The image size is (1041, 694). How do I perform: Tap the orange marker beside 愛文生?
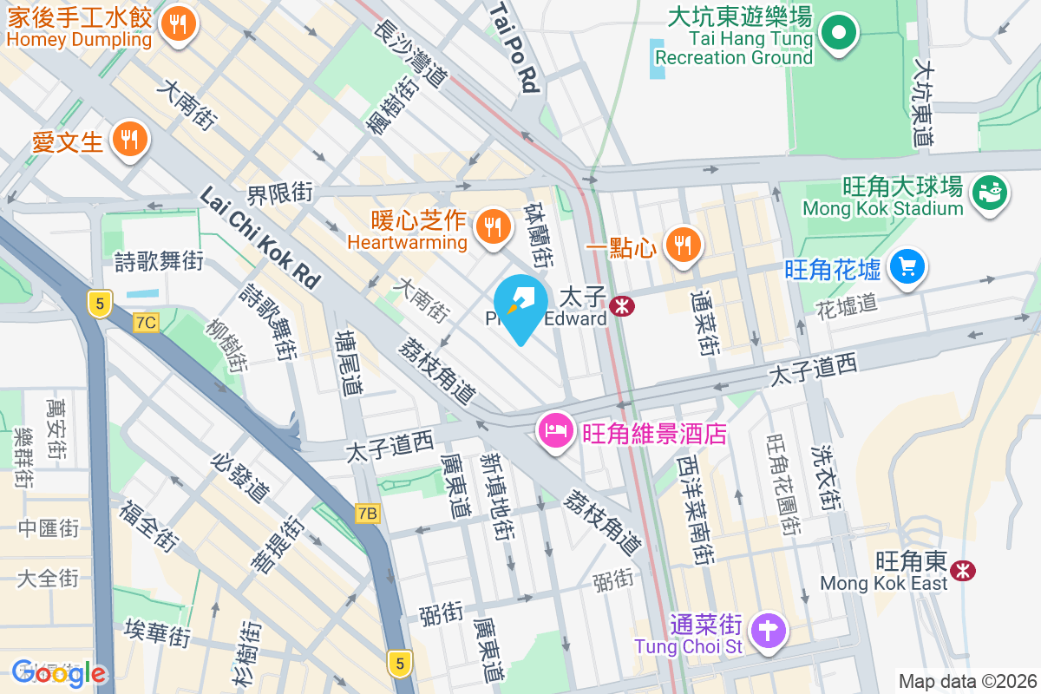[x=129, y=139]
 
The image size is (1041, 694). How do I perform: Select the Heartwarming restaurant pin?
[x=493, y=227]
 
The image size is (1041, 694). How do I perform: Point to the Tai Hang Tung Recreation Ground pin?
[x=838, y=35]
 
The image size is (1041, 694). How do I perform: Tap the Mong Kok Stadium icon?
[x=988, y=189]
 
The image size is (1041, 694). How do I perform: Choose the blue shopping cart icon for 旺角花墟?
[x=907, y=265]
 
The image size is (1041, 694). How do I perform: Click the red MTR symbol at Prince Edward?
[x=620, y=305]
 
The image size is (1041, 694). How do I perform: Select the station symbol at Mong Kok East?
[x=961, y=570]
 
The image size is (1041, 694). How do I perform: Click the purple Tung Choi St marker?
[x=768, y=630]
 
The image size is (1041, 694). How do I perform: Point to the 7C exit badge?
[x=146, y=323]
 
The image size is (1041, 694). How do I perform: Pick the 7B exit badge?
[x=367, y=514]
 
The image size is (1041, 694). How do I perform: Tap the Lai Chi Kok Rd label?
[x=259, y=238]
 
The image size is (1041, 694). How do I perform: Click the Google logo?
[x=59, y=673]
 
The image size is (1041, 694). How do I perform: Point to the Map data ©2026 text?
[x=966, y=681]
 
